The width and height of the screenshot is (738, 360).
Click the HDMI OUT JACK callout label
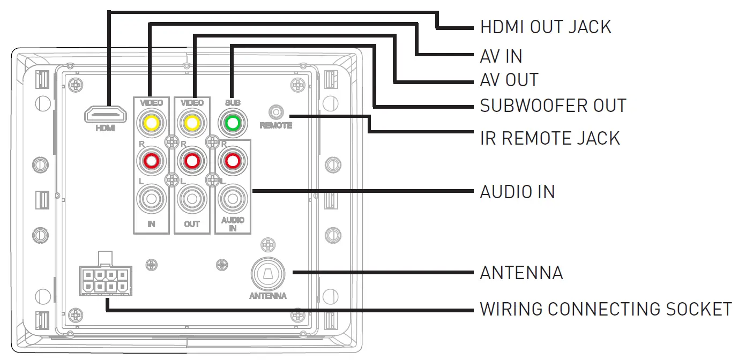(545, 27)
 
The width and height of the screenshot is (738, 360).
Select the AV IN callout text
(501, 56)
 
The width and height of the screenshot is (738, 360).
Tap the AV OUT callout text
(509, 80)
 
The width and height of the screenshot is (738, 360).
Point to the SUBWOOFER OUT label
(553, 106)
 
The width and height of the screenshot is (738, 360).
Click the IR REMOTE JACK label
(550, 138)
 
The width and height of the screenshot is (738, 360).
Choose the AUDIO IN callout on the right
(517, 191)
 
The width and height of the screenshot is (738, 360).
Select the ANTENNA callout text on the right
(521, 273)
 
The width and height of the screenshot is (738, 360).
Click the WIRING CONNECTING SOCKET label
(606, 309)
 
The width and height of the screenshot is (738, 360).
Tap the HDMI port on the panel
(105, 115)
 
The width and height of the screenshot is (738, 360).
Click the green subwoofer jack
(232, 123)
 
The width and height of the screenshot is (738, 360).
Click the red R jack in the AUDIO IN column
(232, 160)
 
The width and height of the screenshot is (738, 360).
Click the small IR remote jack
(276, 112)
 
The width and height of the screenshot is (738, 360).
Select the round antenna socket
(268, 274)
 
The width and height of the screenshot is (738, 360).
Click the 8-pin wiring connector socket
(105, 281)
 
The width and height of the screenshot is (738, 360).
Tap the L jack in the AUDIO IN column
(232, 199)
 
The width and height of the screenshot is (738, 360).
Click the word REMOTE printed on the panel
(276, 125)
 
